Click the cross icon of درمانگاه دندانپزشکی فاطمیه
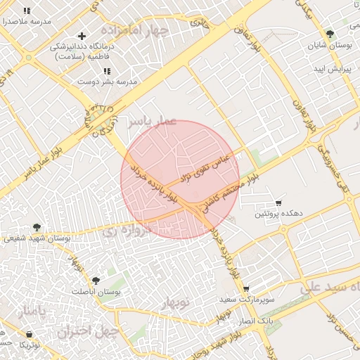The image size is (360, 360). click(82, 36)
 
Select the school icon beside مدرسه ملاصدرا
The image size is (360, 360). click(27, 11)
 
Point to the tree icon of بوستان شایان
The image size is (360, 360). click(330, 34)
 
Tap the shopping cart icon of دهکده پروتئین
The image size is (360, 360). click(280, 201)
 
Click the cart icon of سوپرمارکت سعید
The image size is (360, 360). click(246, 289)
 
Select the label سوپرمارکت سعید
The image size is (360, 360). click(246, 300)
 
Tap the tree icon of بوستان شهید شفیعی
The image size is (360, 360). click(36, 227)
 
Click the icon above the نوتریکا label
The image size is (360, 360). click(29, 334)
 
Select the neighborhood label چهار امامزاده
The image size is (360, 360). click(134, 31)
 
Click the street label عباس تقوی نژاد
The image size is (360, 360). click(205, 166)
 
